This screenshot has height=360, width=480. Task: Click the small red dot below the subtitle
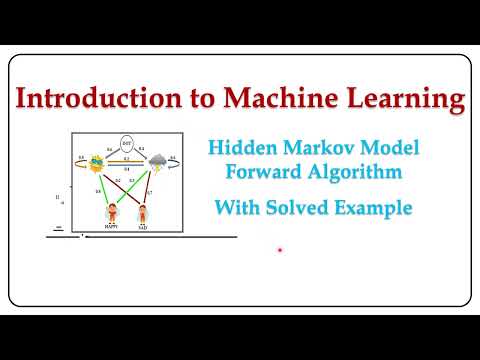(x=280, y=250)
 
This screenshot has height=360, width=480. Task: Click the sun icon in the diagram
(x=99, y=161)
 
